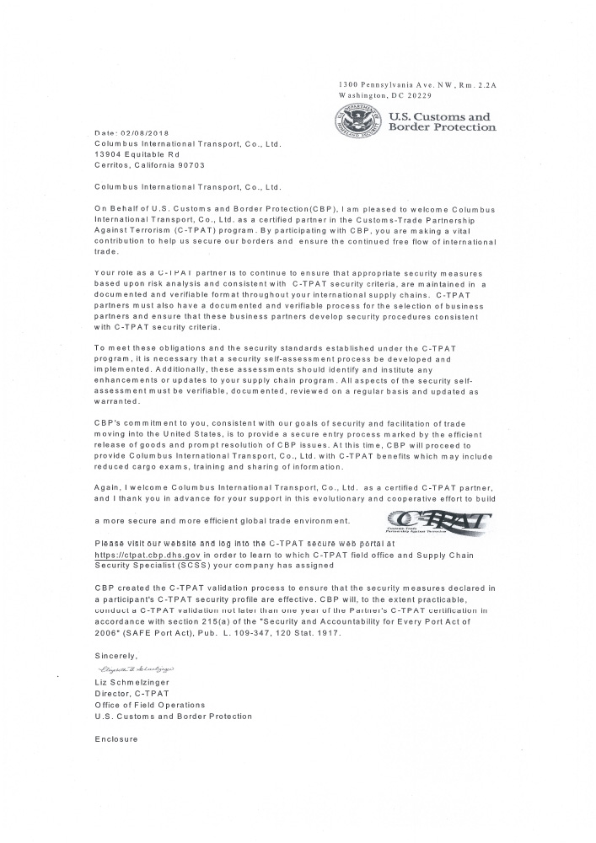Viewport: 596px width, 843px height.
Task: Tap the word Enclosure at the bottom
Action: (x=115, y=738)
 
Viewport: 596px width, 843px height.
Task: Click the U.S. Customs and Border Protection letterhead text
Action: (x=441, y=122)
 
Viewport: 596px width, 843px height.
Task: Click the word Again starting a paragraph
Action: (x=108, y=486)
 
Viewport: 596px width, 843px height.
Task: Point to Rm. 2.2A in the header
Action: (x=478, y=86)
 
